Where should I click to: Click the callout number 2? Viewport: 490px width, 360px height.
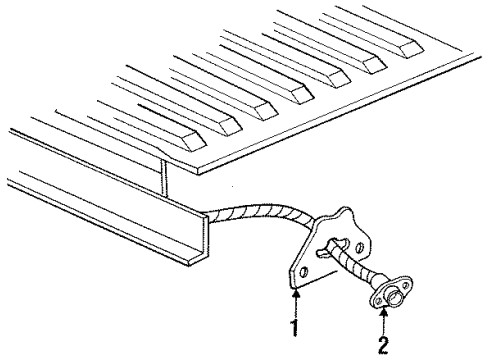[x=384, y=345]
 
